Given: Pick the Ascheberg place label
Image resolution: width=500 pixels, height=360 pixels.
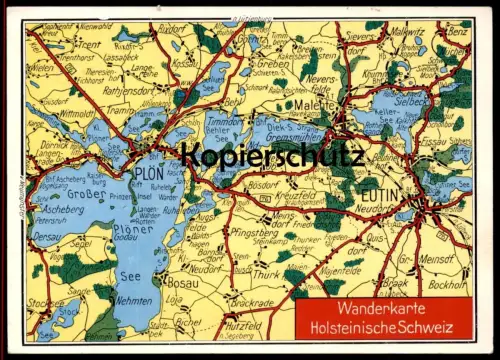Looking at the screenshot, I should (x=61, y=209).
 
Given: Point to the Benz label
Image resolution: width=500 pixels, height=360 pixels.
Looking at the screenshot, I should (x=457, y=31).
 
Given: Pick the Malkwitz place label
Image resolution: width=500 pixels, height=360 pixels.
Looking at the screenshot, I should (x=407, y=32).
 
